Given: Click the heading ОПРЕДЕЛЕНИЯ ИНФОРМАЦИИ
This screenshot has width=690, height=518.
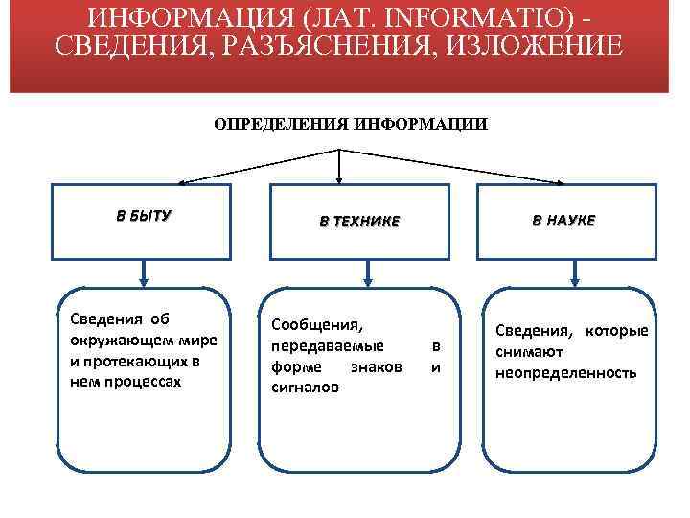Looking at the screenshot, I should [350, 124].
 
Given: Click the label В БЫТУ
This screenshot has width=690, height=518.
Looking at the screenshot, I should [144, 216].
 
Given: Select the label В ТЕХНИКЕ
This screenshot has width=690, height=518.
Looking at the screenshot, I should [358, 222].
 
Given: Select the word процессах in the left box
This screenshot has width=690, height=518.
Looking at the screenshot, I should [140, 381].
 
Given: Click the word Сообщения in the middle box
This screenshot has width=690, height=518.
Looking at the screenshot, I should [318, 325].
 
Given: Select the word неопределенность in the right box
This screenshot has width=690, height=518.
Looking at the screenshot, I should [565, 372].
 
